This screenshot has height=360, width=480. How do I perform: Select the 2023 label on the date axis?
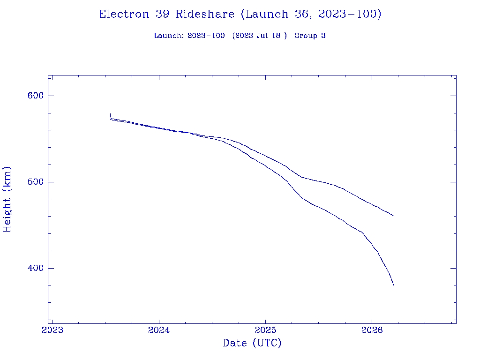click(52, 330)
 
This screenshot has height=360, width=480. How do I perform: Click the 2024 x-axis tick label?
click(159, 330)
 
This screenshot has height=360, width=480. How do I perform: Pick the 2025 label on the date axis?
click(265, 330)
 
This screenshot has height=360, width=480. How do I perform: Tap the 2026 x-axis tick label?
click(372, 330)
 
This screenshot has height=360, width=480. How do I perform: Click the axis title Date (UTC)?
click(252, 343)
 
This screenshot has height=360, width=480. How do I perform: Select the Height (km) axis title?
click(7, 199)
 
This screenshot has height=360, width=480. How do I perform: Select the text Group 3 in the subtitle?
click(310, 36)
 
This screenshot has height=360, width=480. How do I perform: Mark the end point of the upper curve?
click(394, 216)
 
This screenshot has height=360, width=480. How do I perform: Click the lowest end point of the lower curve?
click(394, 285)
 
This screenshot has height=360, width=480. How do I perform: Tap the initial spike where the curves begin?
click(110, 115)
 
